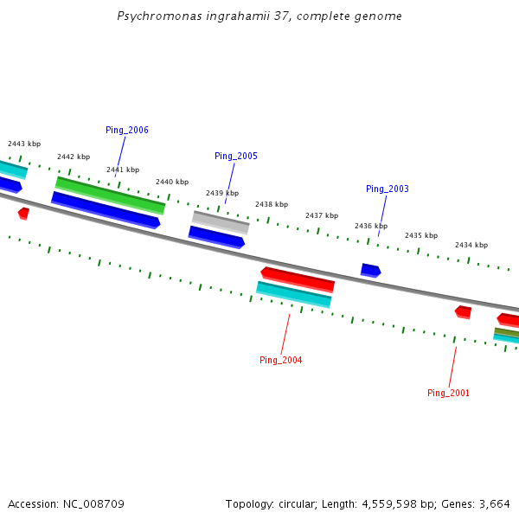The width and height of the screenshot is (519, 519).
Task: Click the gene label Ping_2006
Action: (127, 130)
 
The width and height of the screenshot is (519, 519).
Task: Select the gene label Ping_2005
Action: (236, 156)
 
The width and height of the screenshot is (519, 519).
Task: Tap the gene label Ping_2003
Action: (388, 189)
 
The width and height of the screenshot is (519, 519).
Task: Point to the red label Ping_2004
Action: (281, 360)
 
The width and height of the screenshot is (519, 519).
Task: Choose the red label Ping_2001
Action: (449, 393)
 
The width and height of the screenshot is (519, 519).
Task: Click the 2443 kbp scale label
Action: (24, 144)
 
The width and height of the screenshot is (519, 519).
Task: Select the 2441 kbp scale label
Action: (123, 170)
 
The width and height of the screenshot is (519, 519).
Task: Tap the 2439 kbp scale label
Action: (222, 193)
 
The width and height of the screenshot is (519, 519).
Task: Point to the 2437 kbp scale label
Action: (322, 215)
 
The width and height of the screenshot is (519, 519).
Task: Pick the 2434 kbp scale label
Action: (471, 245)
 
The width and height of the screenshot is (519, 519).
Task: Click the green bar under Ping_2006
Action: (110, 195)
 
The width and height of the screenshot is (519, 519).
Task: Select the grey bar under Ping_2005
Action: (221, 222)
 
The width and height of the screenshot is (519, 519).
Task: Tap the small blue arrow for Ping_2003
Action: (370, 271)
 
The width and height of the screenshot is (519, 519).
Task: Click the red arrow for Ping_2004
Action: (298, 279)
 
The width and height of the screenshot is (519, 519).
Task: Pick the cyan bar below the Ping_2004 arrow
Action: (294, 294)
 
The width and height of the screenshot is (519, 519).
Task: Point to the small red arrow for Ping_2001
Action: (464, 311)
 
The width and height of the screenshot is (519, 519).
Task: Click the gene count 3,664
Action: (494, 503)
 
